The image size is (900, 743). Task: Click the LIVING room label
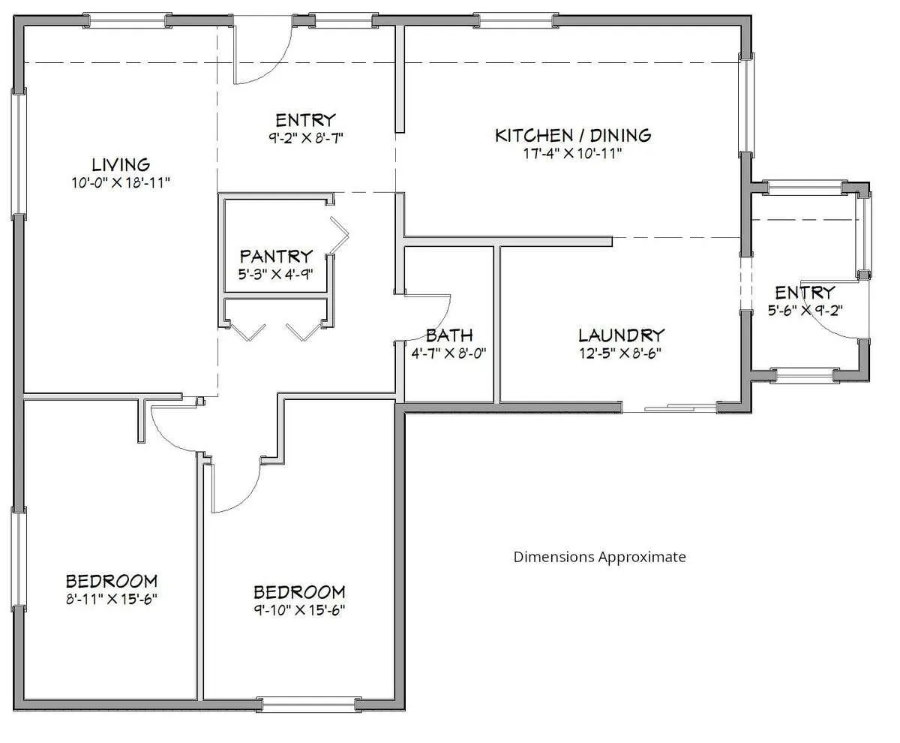(x=121, y=165)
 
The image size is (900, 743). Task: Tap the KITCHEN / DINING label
(x=573, y=136)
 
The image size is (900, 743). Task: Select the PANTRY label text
(x=276, y=256)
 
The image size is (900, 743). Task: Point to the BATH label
(x=449, y=335)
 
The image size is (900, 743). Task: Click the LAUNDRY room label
(x=621, y=335)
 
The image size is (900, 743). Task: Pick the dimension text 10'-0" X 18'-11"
(x=121, y=183)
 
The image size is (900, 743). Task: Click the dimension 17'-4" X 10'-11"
(x=573, y=153)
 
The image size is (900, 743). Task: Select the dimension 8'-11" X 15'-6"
(x=111, y=600)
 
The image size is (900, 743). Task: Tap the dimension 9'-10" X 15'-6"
(x=299, y=610)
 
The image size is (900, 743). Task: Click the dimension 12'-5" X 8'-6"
(x=620, y=353)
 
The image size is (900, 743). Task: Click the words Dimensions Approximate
(x=599, y=557)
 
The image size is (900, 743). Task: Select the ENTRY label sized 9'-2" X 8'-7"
(x=305, y=120)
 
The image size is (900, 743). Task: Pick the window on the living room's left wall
(x=18, y=154)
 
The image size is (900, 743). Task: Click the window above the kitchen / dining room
(x=516, y=20)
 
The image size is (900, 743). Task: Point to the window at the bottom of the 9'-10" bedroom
(x=308, y=705)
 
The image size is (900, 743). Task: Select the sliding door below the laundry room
(x=670, y=408)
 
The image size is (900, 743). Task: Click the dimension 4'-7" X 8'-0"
(x=448, y=353)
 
